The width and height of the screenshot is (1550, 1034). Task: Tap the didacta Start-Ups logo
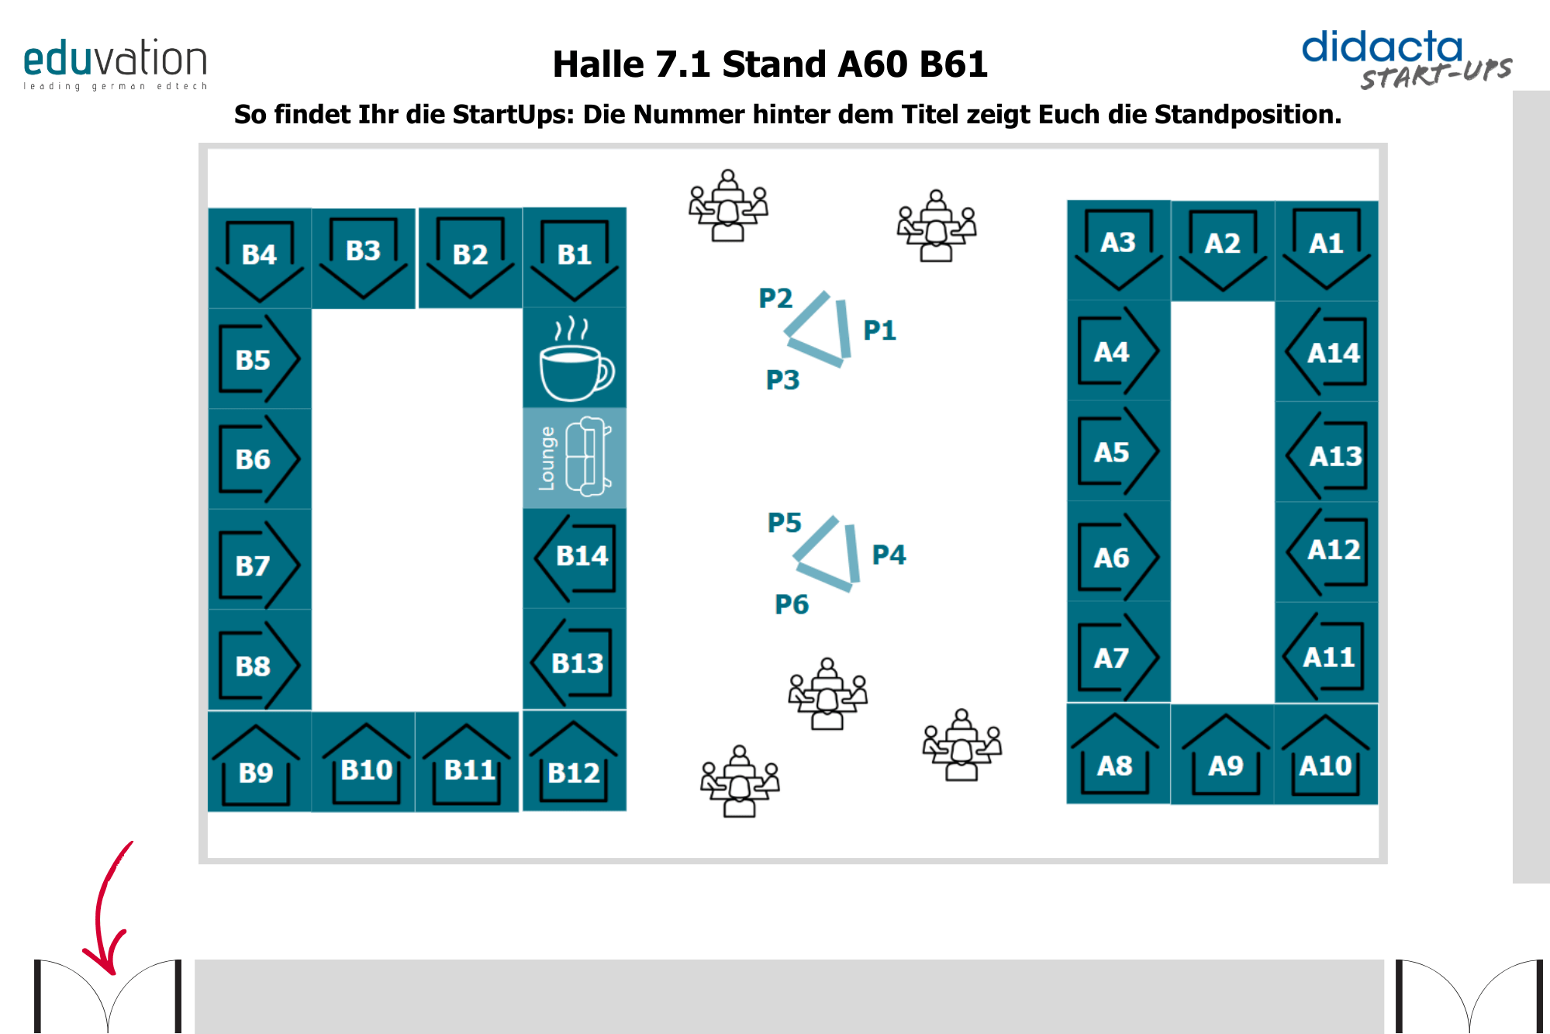click(x=1406, y=59)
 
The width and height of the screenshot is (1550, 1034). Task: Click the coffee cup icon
click(x=575, y=360)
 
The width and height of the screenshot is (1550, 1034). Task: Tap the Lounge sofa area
click(x=575, y=458)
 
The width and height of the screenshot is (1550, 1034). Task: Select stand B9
click(x=257, y=763)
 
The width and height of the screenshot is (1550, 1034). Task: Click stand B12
click(x=574, y=763)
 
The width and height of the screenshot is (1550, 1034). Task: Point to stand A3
click(x=1118, y=248)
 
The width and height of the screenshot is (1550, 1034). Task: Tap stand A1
click(x=1326, y=248)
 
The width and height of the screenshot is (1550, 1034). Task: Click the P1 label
click(x=879, y=331)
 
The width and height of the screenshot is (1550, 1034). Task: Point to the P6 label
click(x=791, y=604)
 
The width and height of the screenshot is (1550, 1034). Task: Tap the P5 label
click(x=784, y=523)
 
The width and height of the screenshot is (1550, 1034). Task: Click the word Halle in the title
click(x=598, y=64)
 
